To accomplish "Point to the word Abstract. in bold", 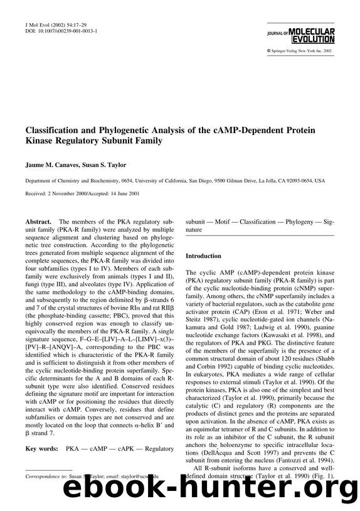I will click(x=38, y=222).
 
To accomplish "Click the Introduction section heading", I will click(x=203, y=256).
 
